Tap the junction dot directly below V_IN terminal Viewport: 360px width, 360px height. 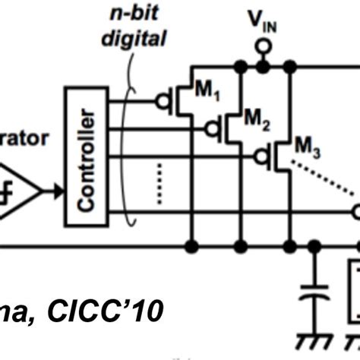[262, 68]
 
